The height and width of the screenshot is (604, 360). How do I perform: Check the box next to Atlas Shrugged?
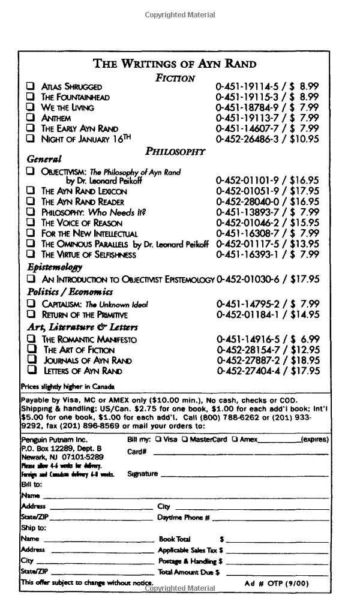coord(30,86)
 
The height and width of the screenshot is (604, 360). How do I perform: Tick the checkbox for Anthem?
coord(30,118)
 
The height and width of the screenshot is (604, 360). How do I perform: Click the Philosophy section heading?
coord(175,151)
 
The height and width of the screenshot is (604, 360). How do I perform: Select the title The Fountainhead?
coord(75,97)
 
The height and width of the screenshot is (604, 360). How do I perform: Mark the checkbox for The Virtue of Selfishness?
coord(30,254)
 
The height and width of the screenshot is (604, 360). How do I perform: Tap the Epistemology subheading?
coord(55,268)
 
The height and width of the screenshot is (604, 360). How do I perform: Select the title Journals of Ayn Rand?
coord(87,360)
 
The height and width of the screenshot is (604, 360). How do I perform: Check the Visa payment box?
coord(158,439)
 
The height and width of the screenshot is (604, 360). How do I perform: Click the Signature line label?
coord(143,474)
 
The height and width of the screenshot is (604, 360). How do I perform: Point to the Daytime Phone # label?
coord(183,518)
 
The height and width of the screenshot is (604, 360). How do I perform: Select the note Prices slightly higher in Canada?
coord(67,387)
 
